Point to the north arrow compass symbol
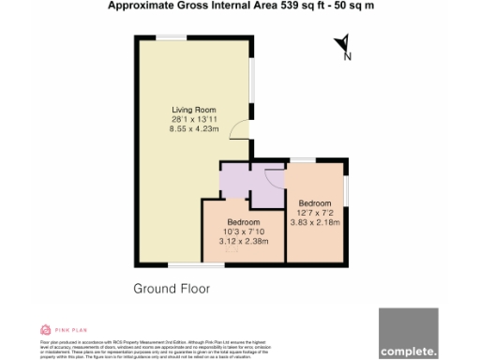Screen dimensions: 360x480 (x=341, y=43)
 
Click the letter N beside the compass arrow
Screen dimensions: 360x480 (x=349, y=56)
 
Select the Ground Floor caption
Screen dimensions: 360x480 (x=172, y=288)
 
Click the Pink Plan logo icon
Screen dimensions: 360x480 (x=45, y=329)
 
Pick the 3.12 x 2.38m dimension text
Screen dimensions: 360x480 (x=243, y=241)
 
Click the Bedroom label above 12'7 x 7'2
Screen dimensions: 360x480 (x=315, y=203)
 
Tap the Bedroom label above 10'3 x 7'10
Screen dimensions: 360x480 (x=243, y=222)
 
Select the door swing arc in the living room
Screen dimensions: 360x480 (x=240, y=133)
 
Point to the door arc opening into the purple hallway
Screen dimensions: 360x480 (x=274, y=175)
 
